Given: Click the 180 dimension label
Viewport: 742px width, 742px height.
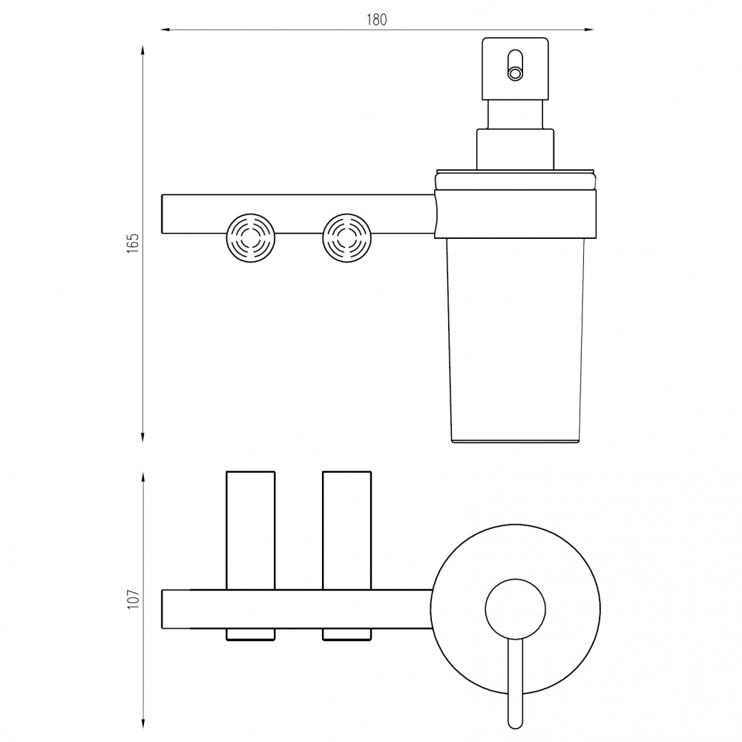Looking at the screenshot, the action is (x=377, y=19).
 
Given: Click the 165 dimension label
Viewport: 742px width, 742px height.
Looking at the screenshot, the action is (x=133, y=243).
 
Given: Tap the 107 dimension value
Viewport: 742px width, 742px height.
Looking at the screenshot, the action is (x=134, y=599).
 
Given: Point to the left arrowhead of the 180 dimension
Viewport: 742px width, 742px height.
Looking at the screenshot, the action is (x=165, y=30).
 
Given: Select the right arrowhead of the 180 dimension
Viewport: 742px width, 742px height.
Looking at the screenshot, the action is (x=588, y=30).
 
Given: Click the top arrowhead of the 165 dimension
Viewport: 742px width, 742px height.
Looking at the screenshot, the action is (x=142, y=50).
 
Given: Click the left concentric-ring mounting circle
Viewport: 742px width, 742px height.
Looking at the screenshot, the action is (x=251, y=238).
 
